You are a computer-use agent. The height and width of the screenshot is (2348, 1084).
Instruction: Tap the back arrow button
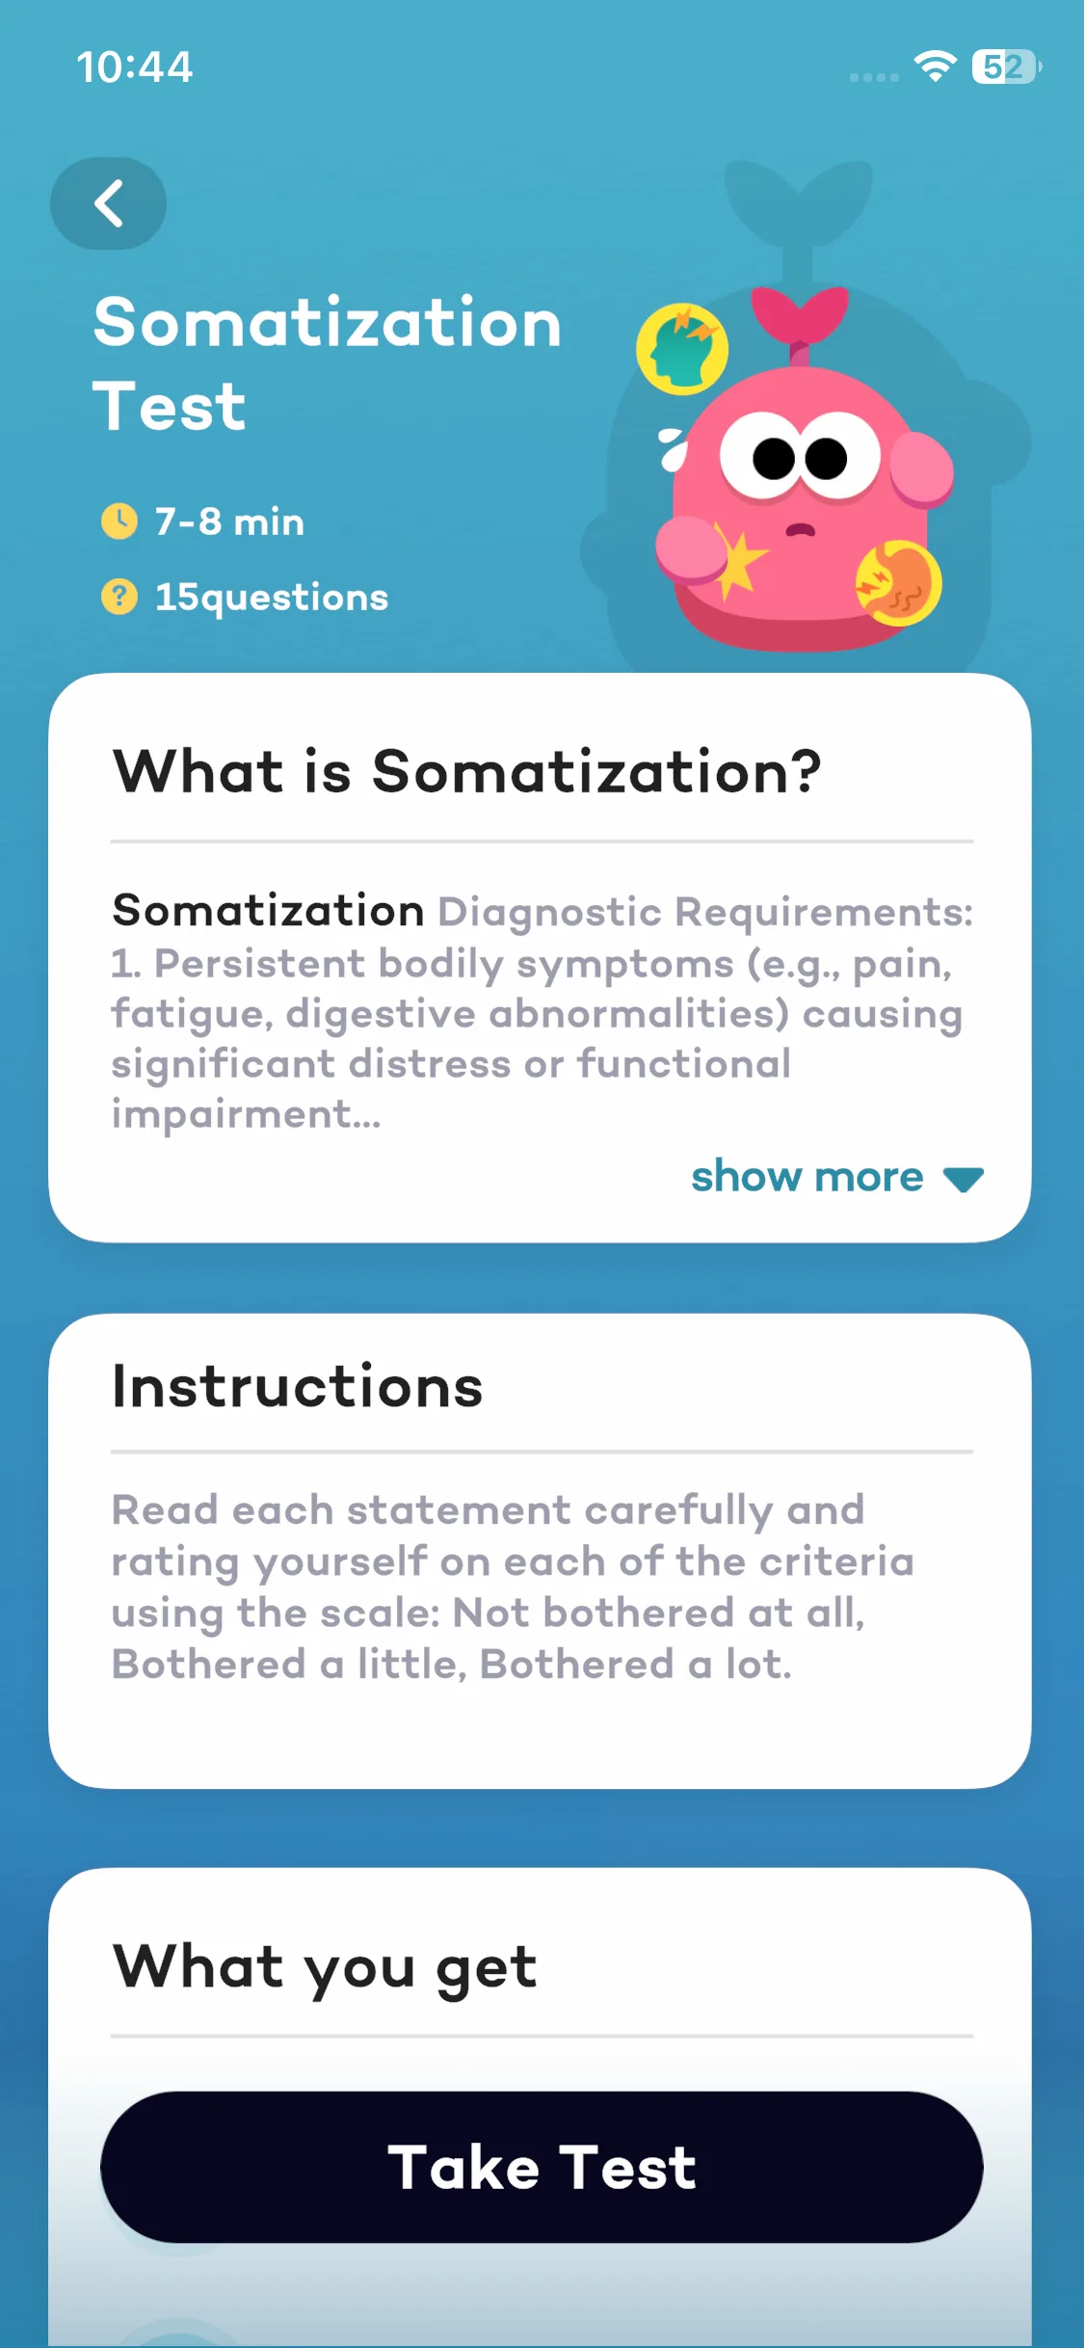tap(108, 203)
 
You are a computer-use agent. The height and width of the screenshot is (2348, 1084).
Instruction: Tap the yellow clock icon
tap(119, 521)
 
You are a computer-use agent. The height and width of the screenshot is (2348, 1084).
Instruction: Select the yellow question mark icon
tap(119, 597)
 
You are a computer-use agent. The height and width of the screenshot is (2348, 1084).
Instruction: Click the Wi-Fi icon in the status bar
tap(935, 66)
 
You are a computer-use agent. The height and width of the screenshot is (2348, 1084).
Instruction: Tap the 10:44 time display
tap(135, 67)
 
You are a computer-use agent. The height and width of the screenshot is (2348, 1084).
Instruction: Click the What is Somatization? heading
tap(467, 771)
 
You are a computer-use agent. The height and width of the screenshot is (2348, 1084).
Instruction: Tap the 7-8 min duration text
tap(230, 521)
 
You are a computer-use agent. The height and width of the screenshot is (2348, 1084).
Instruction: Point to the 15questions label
tap(272, 598)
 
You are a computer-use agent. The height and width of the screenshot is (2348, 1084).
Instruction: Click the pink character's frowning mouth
tap(801, 529)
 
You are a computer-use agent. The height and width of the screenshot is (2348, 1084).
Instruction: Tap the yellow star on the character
tap(739, 561)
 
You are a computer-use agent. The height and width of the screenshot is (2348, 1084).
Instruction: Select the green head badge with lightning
tap(682, 350)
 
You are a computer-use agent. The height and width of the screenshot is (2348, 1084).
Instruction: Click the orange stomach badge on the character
tap(899, 582)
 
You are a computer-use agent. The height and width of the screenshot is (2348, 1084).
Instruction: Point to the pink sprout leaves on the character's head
tap(800, 316)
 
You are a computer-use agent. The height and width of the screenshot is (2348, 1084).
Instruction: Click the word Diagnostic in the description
tap(550, 913)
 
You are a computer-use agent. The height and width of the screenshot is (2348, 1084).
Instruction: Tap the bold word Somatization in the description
tap(268, 911)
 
